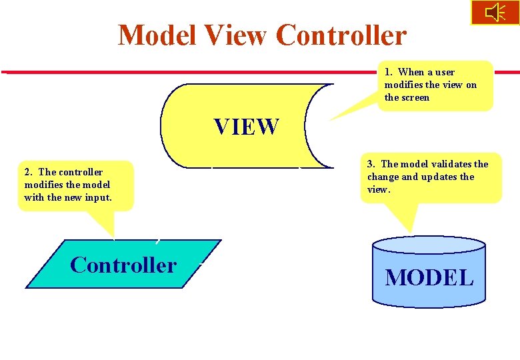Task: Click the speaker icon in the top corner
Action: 495,12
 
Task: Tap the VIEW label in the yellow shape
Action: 246,127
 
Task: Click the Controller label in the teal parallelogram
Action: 123,265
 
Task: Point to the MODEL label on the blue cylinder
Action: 429,277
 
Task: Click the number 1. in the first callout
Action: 389,72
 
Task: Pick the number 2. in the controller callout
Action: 28,172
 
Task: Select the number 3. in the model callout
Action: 371,164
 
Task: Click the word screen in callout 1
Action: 416,97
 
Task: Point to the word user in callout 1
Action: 444,72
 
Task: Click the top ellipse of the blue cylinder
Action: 429,244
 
